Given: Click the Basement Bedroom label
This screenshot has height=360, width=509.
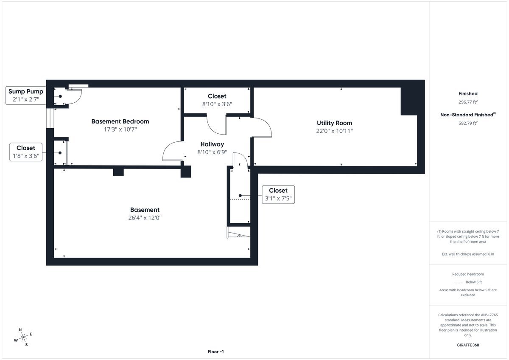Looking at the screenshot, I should (120, 121).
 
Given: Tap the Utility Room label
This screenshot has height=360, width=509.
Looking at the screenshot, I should (334, 123).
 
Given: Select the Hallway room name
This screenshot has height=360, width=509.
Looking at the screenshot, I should (212, 144).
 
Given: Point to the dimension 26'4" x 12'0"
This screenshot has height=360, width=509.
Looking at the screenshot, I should (145, 218).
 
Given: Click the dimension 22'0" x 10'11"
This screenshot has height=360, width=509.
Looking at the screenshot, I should (334, 131).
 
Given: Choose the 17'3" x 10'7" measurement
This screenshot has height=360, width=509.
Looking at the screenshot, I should (120, 129).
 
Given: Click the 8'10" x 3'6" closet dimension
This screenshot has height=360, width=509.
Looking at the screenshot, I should (217, 104).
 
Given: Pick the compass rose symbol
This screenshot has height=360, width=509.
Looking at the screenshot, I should (23, 337).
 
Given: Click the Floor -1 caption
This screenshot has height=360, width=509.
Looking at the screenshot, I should (215, 352).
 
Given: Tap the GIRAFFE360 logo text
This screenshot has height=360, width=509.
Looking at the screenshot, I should (467, 345).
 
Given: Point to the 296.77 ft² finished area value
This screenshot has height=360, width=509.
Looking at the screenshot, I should (467, 102).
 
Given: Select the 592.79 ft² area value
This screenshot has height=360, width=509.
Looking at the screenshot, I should (467, 123).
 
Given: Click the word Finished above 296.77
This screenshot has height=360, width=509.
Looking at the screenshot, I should (467, 93).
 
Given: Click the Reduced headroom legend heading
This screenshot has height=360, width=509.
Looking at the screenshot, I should (467, 274).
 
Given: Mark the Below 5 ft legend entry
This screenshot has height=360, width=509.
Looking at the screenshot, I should (473, 282).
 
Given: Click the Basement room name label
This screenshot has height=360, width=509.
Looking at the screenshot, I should (145, 210).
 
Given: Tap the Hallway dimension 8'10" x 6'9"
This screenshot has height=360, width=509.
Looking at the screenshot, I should (212, 152).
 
